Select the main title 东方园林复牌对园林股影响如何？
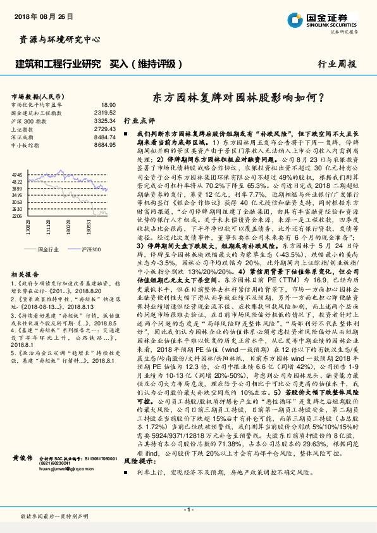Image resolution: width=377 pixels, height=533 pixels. (x=239, y=98)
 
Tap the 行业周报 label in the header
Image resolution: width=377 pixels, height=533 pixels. (x=337, y=64)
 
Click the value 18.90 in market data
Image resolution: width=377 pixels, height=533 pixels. (x=108, y=104)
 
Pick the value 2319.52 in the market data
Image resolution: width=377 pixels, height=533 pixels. (x=104, y=112)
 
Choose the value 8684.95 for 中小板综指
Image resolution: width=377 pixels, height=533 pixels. (x=104, y=145)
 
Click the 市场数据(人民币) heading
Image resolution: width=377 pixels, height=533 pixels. (x=35, y=96)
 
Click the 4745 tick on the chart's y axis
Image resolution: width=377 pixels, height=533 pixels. (x=17, y=174)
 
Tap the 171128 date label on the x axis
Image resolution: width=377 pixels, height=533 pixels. (x=48, y=227)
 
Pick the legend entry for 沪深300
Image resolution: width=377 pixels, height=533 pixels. (x=90, y=250)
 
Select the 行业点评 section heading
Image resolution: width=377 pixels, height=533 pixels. (x=139, y=120)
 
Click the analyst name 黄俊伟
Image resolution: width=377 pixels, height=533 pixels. (x=23, y=458)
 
